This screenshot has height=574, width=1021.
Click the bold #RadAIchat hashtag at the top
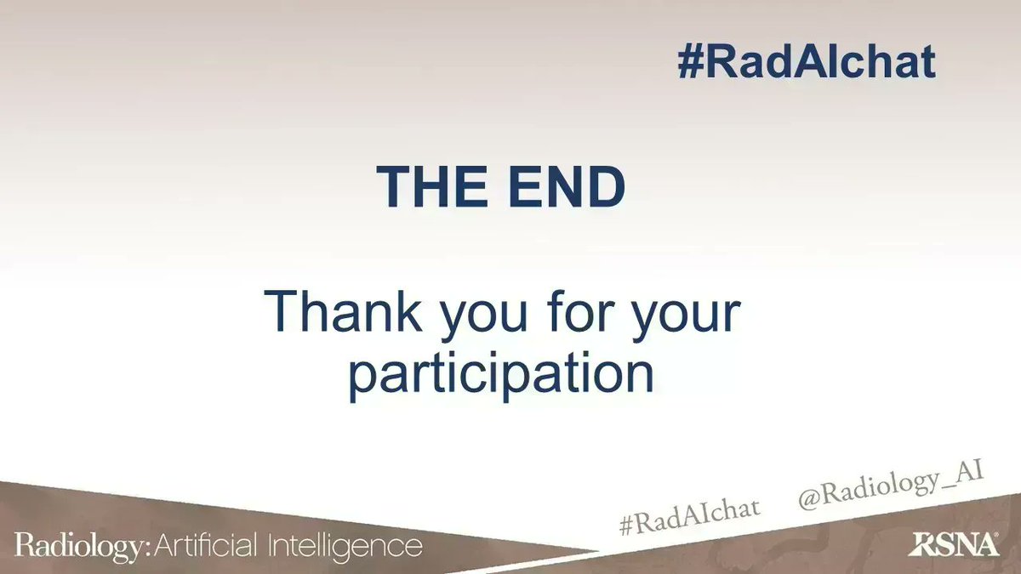click(x=807, y=62)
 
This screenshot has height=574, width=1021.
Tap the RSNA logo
click(x=952, y=544)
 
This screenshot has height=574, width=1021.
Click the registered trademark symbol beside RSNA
click(x=996, y=537)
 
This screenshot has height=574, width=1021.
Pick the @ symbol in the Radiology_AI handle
click(x=808, y=501)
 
